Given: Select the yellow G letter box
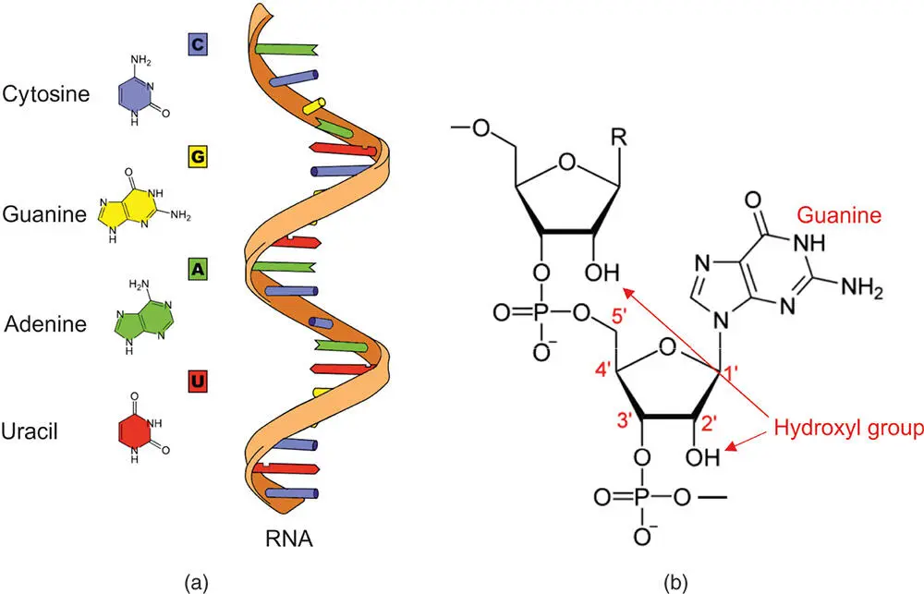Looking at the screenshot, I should (196, 158).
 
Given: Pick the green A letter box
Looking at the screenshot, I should (196, 269).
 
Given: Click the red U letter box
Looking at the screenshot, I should (196, 380).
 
